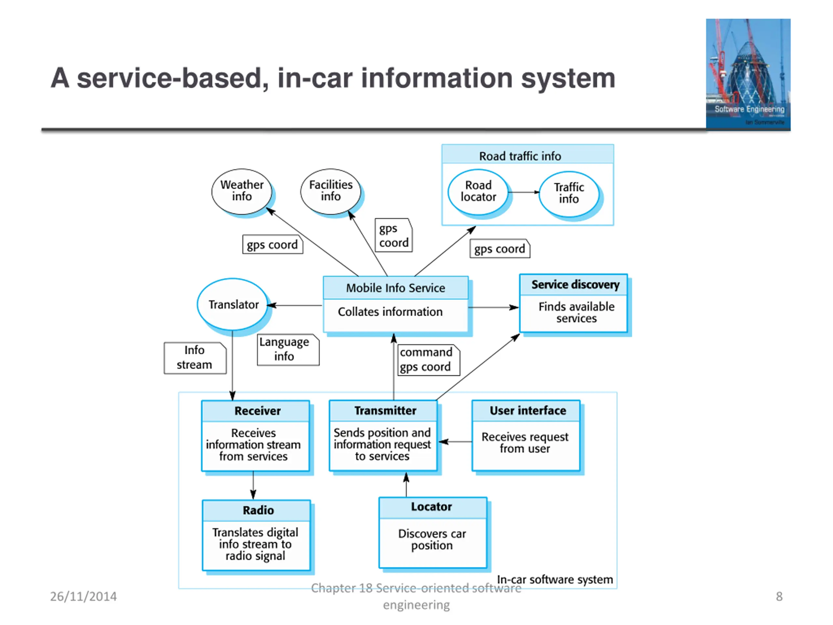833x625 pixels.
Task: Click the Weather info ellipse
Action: pyautogui.click(x=242, y=191)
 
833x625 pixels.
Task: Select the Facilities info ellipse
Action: pyautogui.click(x=331, y=191)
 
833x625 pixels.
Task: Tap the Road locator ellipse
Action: pyautogui.click(x=478, y=191)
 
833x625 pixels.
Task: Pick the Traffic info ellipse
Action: pyautogui.click(x=569, y=193)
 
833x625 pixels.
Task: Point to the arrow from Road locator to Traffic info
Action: pyautogui.click(x=524, y=192)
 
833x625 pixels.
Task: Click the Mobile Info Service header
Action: pyautogui.click(x=395, y=288)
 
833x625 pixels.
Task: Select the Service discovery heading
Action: pyautogui.click(x=575, y=285)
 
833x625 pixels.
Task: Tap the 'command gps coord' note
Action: pyautogui.click(x=428, y=360)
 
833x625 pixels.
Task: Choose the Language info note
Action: pyautogui.click(x=288, y=350)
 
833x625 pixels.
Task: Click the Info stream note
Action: pyautogui.click(x=195, y=357)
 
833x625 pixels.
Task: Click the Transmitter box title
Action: pyautogui.click(x=385, y=410)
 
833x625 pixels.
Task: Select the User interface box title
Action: pyautogui.click(x=527, y=410)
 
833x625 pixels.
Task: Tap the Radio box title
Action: pyautogui.click(x=258, y=510)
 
